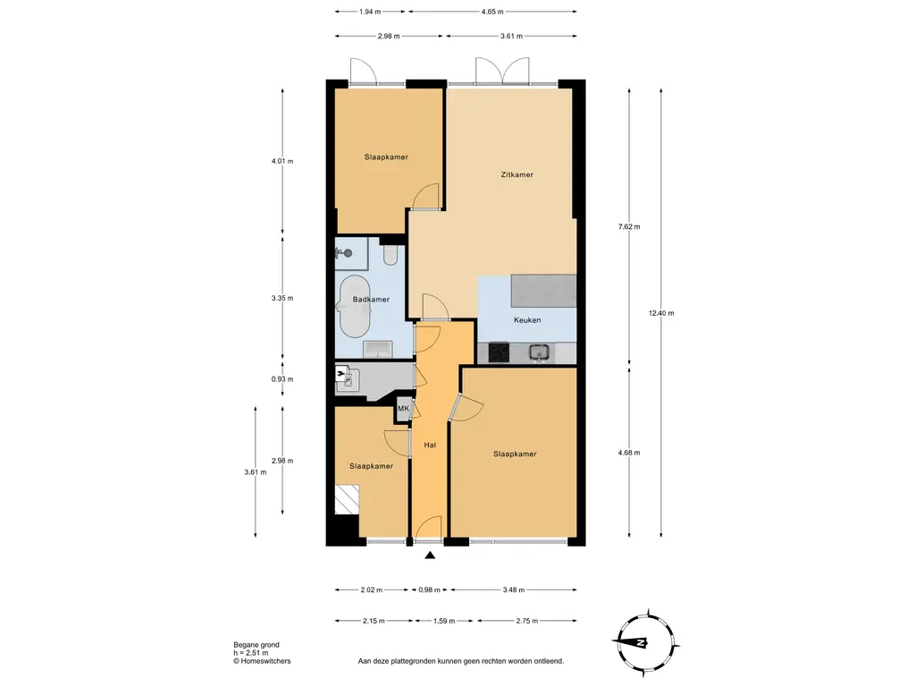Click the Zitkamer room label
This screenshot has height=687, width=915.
pos(517,174)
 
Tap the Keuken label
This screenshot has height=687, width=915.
pos(527,320)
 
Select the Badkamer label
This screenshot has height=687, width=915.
pos(371,300)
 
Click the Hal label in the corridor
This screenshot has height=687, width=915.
pos(430,445)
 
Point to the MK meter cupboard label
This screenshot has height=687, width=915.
pos(403,409)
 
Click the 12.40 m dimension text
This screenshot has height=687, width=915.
pos(661,313)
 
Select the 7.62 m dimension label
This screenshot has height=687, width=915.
pos(629,226)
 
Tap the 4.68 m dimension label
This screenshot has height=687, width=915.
pos(629,453)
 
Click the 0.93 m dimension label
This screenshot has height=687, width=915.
pos(282,379)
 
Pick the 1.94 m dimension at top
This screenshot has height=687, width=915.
pos(370,12)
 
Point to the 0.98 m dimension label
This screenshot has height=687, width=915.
pos(430,590)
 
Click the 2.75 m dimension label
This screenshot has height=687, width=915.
pos(527,621)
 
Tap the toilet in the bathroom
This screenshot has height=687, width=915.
pos(390,255)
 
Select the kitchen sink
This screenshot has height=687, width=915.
pos(539,352)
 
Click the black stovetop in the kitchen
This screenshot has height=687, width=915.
pos(499,352)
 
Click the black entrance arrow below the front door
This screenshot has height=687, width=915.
pos(430,556)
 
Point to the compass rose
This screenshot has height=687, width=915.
pos(646,642)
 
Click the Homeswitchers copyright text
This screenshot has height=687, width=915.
pos(262,661)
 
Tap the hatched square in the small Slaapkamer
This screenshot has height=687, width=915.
pos(348,499)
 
